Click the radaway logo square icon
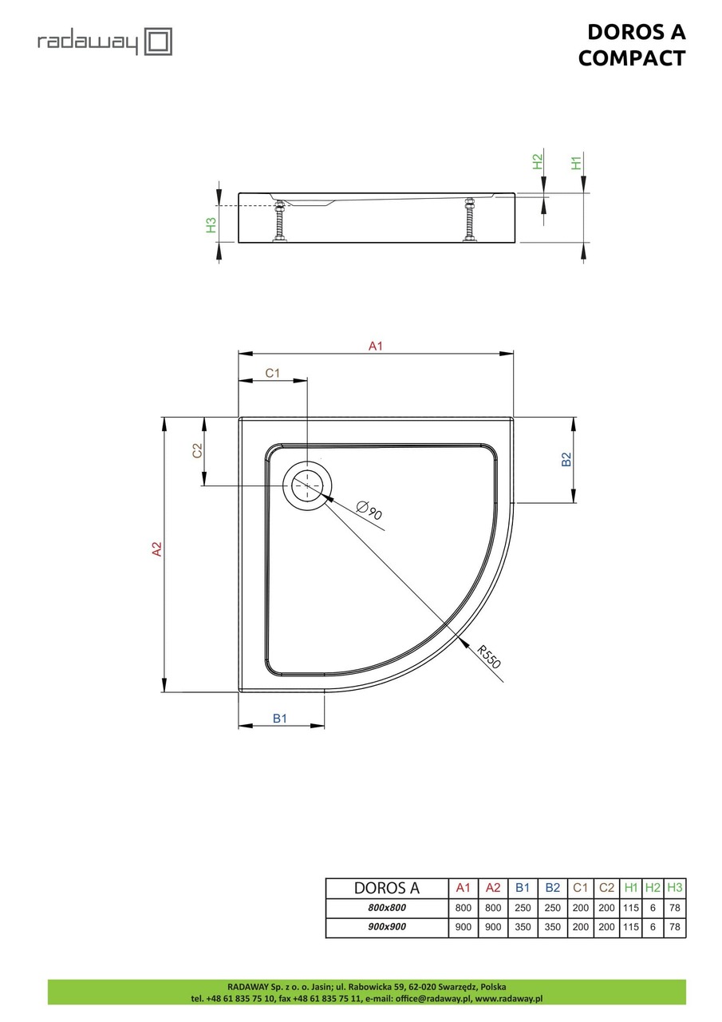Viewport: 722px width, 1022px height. [x=158, y=41]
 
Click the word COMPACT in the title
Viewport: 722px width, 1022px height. [x=631, y=57]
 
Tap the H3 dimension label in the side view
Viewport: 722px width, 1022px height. [x=211, y=225]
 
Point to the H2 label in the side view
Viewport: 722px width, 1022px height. [x=537, y=162]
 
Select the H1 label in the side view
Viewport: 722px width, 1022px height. [x=576, y=163]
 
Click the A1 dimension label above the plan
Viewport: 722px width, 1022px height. [x=376, y=346]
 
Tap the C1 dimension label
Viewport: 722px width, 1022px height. [x=272, y=373]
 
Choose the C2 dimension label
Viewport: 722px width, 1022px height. [x=198, y=450]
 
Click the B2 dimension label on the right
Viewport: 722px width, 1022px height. [x=566, y=459]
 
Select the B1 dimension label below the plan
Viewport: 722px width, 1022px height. [x=280, y=719]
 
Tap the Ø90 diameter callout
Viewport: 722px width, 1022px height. [x=369, y=509]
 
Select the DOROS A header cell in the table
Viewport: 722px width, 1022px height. [x=386, y=888]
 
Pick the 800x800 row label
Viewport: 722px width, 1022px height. [x=386, y=908]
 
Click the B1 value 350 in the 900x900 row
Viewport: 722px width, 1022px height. [x=523, y=928]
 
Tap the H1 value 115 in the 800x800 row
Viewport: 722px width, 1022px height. [x=631, y=908]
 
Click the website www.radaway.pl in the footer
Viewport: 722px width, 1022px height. [x=509, y=998]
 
